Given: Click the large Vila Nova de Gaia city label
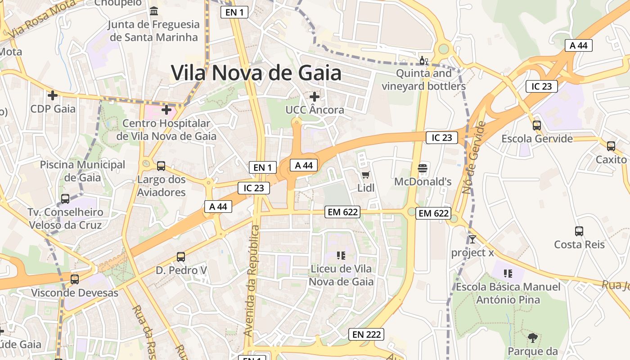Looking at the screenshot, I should [256, 72].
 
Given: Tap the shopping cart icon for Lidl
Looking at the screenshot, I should [365, 175].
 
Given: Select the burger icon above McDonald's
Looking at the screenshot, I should [422, 168].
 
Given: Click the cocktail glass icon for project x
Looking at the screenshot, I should [472, 239].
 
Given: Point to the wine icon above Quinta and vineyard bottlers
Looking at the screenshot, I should [423, 60].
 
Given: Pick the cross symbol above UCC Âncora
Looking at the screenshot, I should [315, 96].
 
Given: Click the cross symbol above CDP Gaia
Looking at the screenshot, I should [53, 95].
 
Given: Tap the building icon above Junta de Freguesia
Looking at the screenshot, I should [154, 11].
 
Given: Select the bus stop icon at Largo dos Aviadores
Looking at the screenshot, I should [161, 166].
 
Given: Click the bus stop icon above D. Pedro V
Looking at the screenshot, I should [181, 257].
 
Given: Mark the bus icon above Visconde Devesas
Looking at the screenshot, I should [75, 279].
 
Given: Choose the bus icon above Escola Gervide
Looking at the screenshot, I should [537, 125].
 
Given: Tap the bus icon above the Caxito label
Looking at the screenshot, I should [611, 146].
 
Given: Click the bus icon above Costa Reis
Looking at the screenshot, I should [579, 231].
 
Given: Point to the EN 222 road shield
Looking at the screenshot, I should [367, 334].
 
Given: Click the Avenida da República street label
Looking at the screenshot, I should [252, 281].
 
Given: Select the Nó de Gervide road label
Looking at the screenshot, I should [474, 157].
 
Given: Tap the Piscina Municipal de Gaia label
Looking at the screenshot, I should [83, 171].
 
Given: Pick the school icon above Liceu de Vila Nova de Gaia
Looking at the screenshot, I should [341, 256].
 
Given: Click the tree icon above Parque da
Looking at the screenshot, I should [533, 337].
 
